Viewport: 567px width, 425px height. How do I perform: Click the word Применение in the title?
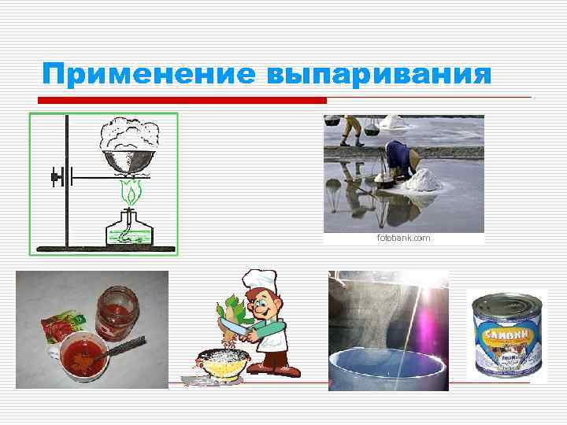pos(149,75)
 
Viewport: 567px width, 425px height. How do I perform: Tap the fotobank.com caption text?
pos(403,237)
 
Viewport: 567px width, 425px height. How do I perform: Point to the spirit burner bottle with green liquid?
pos(129,229)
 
